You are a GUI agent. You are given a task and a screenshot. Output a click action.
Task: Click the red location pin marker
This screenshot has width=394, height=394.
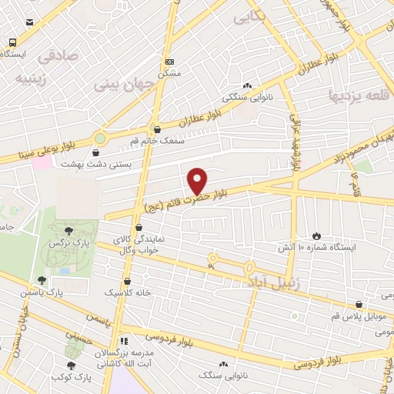(197, 181)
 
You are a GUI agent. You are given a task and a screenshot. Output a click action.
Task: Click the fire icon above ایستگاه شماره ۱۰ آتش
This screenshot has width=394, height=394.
(316, 235)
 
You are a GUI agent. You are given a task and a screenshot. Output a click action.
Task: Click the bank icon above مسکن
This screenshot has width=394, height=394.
(170, 62)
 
